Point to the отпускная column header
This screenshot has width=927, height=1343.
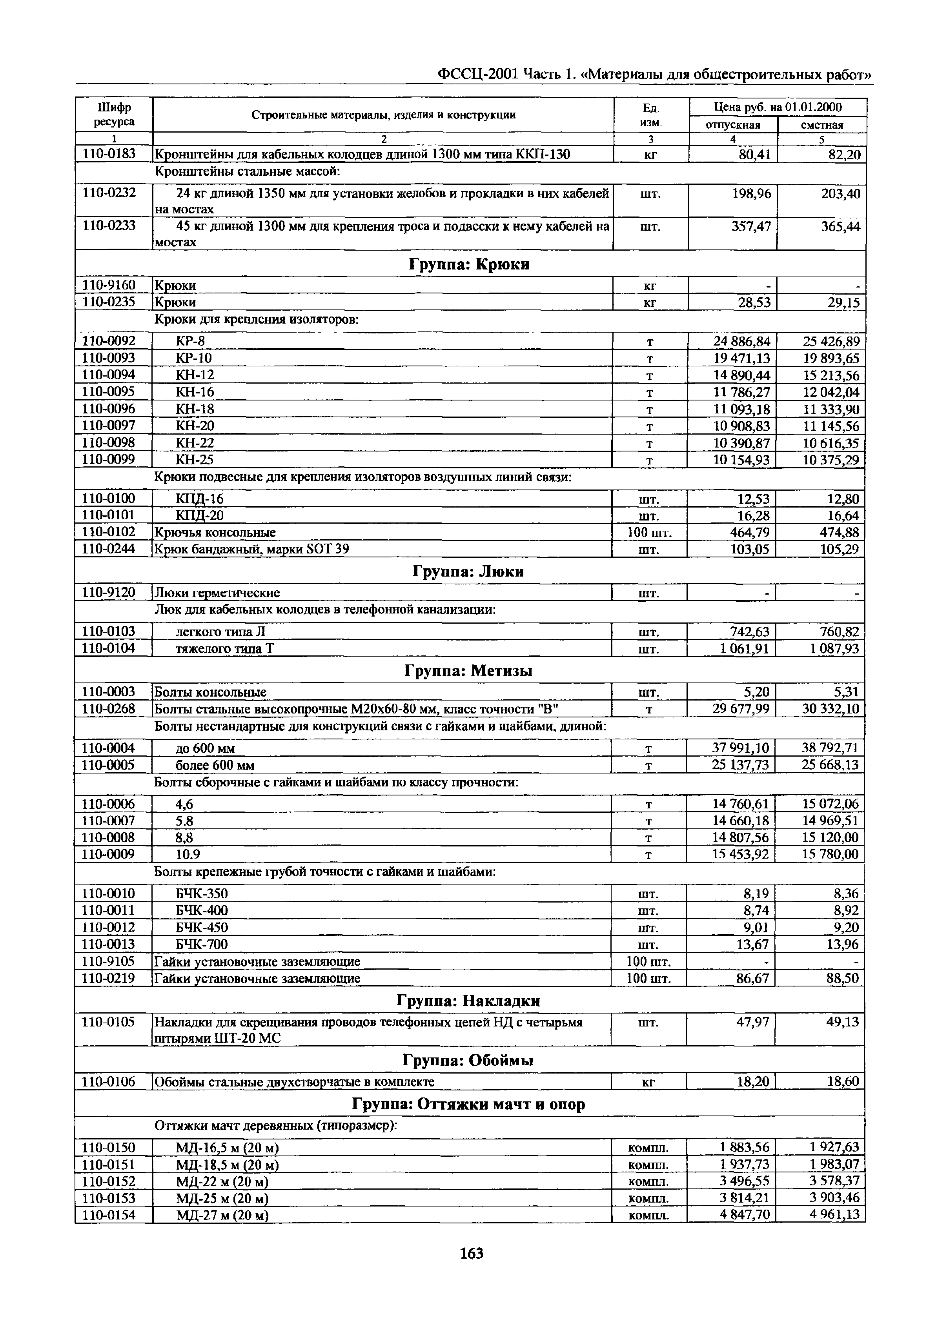732,125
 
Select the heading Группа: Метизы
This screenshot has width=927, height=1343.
468,671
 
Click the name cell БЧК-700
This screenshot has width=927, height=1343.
202,944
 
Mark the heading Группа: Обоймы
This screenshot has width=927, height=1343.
468,1061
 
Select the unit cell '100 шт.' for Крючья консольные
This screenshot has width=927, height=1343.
649,532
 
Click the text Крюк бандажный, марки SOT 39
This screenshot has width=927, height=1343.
251,549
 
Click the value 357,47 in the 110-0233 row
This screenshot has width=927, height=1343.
751,226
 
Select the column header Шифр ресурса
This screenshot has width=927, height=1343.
114,115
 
